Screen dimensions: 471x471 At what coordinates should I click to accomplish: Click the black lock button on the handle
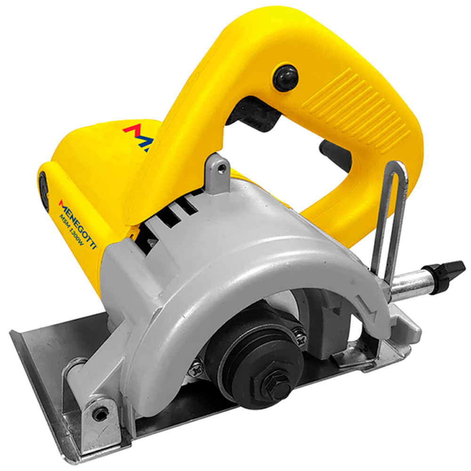coord(285,78)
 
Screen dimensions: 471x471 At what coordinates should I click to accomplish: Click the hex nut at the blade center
coord(276,385)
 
